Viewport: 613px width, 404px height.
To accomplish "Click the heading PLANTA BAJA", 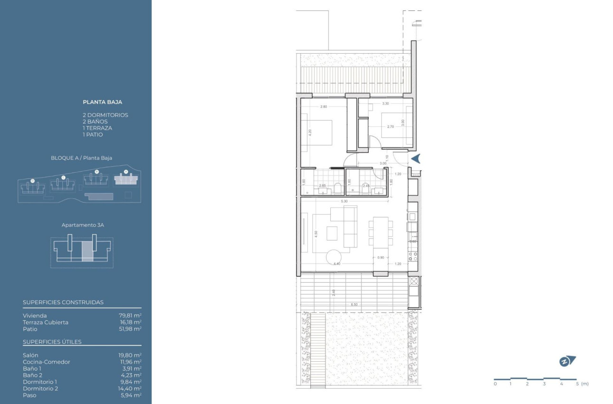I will [102, 102].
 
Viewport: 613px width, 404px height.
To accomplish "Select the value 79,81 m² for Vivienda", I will [130, 315].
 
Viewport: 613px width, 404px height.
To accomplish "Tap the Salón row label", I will [30, 355].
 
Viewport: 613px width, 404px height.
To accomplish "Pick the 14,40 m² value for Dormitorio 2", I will [130, 388].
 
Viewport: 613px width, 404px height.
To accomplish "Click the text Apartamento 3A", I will [83, 225].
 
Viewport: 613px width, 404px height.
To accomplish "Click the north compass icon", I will [567, 361].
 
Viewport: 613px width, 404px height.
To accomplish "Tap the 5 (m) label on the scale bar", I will [582, 384].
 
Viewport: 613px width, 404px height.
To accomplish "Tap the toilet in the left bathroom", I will [337, 188].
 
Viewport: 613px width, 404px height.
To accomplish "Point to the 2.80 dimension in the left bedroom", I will [324, 106].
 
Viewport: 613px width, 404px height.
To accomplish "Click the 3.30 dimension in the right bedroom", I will [385, 103].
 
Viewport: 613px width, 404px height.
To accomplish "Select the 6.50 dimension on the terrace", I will [354, 304].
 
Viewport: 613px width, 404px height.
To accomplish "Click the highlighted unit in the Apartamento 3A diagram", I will [87, 251].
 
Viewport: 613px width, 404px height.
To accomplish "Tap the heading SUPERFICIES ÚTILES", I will [52, 342].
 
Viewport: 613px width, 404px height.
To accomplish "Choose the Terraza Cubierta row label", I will [46, 322].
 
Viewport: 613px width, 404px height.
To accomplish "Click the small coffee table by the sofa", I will [332, 233].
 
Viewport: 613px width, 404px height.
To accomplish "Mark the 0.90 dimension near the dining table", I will [380, 258].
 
